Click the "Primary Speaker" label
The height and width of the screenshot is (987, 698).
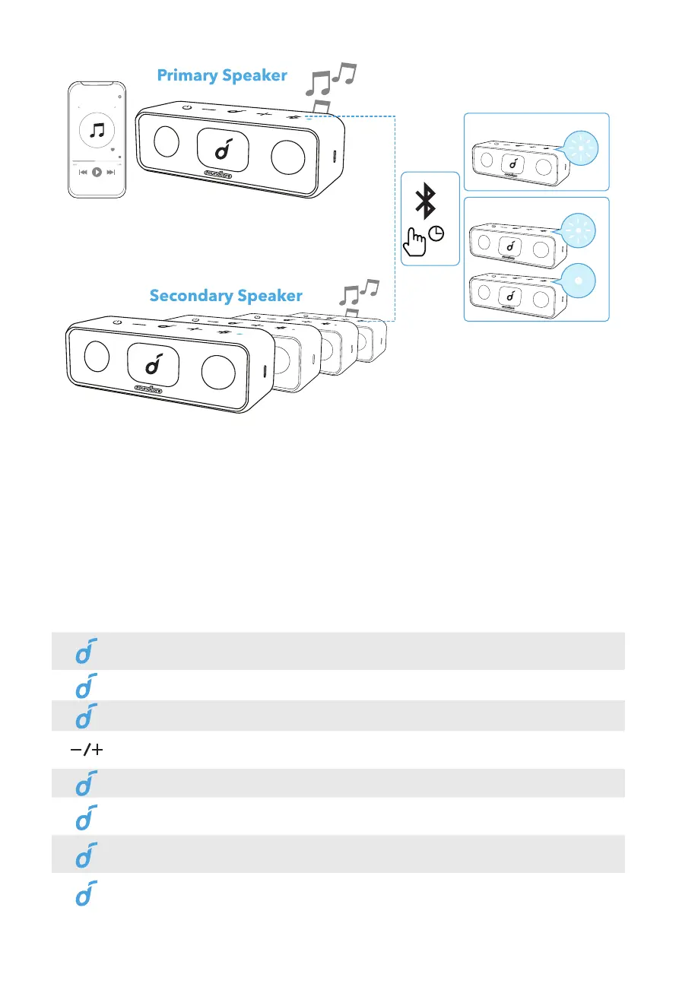point(222,75)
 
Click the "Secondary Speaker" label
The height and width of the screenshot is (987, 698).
point(226,295)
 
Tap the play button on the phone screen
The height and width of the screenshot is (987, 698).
point(97,173)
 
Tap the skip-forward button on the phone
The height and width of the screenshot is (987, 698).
point(111,173)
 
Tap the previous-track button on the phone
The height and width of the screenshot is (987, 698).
point(83,173)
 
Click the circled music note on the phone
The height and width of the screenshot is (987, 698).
point(97,131)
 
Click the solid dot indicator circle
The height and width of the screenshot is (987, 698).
point(580,278)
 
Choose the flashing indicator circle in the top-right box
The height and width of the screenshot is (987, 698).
point(580,147)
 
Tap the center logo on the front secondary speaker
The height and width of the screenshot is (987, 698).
point(154,366)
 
